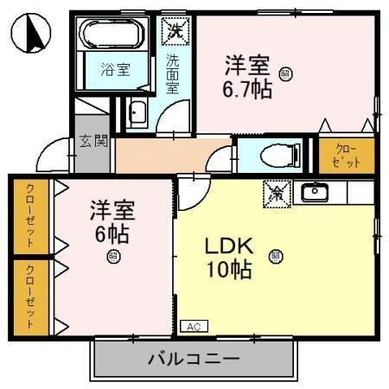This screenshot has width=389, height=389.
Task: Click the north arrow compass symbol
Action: (30, 34)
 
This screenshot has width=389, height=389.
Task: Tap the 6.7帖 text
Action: (247, 89)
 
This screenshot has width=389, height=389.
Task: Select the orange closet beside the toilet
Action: (346, 155)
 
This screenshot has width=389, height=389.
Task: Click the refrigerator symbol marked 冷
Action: (276, 193)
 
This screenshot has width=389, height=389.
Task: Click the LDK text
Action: (227, 246)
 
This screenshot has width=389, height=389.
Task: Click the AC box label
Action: (193, 327)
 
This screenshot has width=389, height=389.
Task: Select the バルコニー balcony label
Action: (194, 358)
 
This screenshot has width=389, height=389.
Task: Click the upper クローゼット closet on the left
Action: (30, 214)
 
